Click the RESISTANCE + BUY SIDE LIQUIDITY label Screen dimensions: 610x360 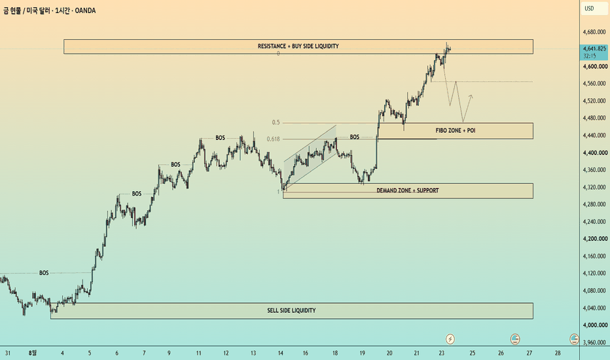pos(298,46)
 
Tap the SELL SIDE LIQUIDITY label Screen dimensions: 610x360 pos(291,310)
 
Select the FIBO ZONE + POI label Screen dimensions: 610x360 pos(455,130)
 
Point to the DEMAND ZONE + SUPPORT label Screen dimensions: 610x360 pos(407,190)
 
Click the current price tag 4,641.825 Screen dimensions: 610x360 pos(594,48)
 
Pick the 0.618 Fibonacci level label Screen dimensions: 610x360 pos(273,139)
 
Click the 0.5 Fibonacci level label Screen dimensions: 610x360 pos(276,122)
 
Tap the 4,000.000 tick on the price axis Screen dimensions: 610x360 pos(595,325)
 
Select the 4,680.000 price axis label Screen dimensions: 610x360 pos(594,32)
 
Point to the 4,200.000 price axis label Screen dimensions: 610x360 pos(595,238)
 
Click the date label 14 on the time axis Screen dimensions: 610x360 pos(281,353)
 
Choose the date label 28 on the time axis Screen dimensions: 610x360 pos(558,353)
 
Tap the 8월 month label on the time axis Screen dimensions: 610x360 pos(33,353)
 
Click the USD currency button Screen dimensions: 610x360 pos(589,9)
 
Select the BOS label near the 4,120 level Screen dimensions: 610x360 pos(44,273)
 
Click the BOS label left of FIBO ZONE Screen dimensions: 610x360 pos(354,137)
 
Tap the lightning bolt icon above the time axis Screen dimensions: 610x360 pos(450,339)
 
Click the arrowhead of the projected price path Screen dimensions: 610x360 pos(471,96)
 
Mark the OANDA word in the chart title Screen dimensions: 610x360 pos(85,10)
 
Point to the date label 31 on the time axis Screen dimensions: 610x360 pos(7,353)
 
